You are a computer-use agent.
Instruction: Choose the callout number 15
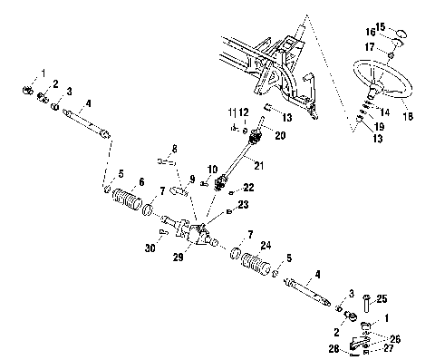coord(405,26)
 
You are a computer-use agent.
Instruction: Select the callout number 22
coord(249,187)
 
